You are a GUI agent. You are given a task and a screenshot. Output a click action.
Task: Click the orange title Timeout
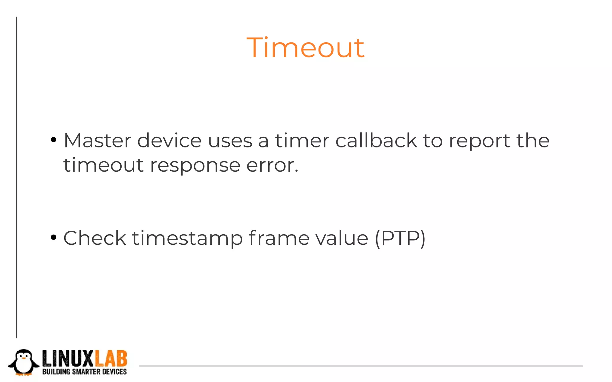(305, 48)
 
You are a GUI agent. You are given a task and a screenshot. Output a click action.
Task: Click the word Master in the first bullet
(97, 141)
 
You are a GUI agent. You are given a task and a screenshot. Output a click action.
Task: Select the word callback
(376, 141)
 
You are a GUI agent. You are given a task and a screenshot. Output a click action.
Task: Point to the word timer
(302, 141)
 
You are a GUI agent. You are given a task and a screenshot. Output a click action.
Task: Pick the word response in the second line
(195, 166)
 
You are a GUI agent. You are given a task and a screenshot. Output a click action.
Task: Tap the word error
(272, 166)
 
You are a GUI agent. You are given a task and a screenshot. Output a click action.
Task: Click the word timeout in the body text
(103, 165)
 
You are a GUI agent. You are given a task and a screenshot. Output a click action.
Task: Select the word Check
(94, 238)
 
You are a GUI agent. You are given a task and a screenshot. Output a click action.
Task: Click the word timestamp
(187, 239)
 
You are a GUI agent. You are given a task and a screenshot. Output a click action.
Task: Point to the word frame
(279, 238)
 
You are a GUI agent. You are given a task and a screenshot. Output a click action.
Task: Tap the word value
(342, 238)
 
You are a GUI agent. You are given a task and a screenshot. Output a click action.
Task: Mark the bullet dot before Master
(53, 140)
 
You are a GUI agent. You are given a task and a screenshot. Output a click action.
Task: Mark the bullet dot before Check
(53, 238)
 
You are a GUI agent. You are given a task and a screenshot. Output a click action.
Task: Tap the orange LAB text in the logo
(111, 359)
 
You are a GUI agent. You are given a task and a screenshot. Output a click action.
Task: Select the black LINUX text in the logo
(68, 359)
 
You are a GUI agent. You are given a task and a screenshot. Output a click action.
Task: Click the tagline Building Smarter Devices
(85, 372)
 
